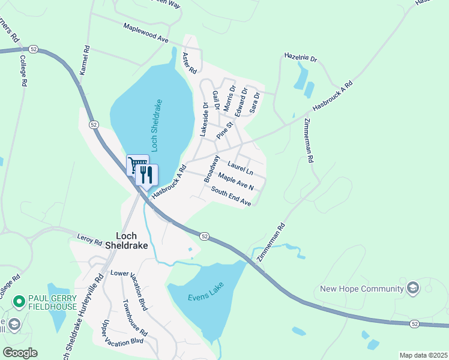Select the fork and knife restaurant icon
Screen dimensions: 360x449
click(x=147, y=175)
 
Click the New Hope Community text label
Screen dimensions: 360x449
click(x=361, y=289)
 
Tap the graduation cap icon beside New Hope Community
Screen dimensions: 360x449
click(x=412, y=289)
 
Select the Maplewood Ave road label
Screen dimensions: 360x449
click(x=146, y=32)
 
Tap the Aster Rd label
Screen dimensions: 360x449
click(x=190, y=62)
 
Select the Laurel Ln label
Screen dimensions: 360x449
click(x=241, y=167)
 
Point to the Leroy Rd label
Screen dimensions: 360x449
click(x=89, y=239)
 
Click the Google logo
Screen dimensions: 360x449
click(x=20, y=353)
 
